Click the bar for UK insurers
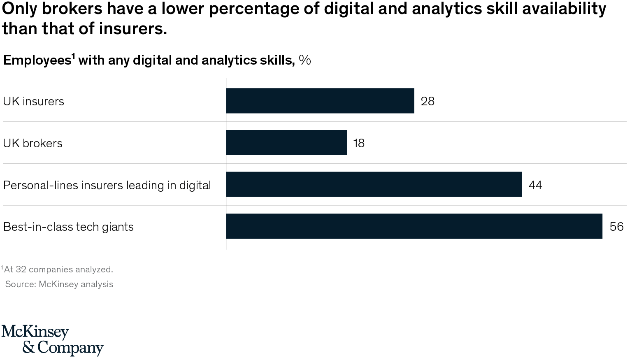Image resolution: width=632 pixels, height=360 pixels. pos(320,101)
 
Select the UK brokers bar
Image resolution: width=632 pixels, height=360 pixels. pos(286,143)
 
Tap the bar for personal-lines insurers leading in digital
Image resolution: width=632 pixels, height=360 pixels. pos(374,185)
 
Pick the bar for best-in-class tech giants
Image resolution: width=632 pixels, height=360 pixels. pos(414,226)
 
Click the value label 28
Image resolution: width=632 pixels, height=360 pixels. pos(428,101)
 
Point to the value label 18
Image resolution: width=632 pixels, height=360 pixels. pos(359,143)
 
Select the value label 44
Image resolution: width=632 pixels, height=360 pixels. pos(535,185)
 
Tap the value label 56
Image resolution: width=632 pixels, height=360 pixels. pos(616,227)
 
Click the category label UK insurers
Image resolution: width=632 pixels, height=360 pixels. pos(34,101)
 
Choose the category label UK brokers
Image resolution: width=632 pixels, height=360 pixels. pos(33,143)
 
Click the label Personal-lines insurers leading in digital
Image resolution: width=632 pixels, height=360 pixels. pos(107,185)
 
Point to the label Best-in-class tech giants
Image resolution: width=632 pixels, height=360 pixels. pos(68,227)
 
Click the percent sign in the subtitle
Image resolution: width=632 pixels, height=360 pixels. pos(305,60)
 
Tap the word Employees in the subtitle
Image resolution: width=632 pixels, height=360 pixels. pos(37,60)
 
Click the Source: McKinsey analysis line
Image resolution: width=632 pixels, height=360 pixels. pos(59,284)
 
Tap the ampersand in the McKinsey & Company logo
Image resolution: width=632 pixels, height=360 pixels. pos(29,348)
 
